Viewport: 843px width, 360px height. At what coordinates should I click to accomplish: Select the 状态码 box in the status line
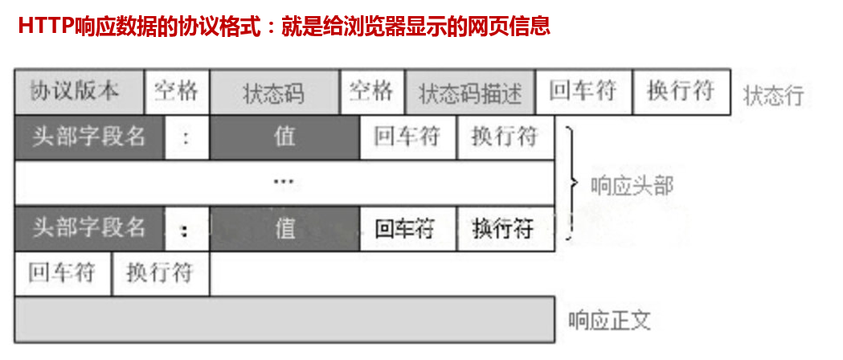point(273,92)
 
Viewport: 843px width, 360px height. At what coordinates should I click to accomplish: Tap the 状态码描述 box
point(469,92)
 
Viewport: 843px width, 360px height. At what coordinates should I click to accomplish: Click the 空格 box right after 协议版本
point(176,91)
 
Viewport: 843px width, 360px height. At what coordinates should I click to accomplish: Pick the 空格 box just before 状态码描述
point(371,91)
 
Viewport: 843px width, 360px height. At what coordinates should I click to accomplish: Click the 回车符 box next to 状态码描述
point(583,91)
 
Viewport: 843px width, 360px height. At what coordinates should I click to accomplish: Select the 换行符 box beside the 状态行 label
point(681,91)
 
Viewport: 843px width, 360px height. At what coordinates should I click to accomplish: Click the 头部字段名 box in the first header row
point(89,137)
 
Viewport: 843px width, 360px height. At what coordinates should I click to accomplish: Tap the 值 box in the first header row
point(284,137)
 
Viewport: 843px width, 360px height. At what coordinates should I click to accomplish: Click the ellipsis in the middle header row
point(284,182)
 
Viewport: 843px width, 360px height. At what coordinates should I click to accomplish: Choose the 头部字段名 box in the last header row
point(89,227)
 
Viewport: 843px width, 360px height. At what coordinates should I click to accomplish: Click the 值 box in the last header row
point(284,228)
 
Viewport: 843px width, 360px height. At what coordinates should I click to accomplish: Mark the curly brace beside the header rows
point(572,182)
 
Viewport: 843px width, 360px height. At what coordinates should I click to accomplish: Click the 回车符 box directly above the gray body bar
point(62,273)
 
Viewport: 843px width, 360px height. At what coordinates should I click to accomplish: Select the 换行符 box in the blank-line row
point(160,273)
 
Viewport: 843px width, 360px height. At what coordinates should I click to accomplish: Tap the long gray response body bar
point(284,319)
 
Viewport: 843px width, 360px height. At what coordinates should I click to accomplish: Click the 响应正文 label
point(608,321)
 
